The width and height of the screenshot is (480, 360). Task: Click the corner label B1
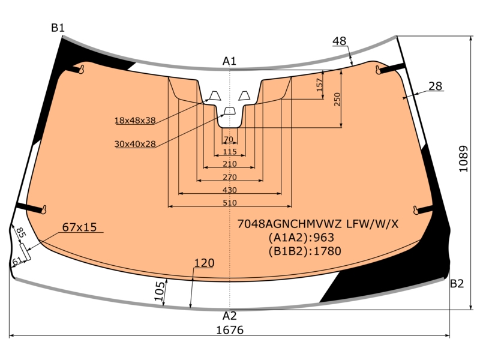click(58, 28)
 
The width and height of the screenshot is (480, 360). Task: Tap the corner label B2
click(457, 284)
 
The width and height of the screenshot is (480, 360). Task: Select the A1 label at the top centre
click(229, 61)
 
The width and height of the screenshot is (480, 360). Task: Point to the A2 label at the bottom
click(230, 316)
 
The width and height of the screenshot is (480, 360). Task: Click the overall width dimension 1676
click(230, 330)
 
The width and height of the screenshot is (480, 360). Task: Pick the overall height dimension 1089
click(463, 159)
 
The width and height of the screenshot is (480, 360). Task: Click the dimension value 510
click(230, 203)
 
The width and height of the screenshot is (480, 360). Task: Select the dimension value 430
click(230, 190)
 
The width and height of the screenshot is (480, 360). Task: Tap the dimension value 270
click(230, 177)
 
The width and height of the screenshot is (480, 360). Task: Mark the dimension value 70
click(229, 140)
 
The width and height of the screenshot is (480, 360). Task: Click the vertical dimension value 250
click(337, 100)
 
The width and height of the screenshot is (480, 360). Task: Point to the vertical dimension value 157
click(319, 85)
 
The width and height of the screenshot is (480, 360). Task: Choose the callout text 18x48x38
click(135, 121)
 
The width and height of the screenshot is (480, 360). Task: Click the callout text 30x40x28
click(135, 144)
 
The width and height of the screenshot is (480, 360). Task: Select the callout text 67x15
click(79, 227)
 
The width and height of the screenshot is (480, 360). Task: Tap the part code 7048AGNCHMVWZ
click(289, 224)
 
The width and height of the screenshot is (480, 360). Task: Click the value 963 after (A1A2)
click(324, 238)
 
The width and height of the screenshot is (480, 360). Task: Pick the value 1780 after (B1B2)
click(328, 251)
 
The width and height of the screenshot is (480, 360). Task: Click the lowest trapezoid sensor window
click(230, 111)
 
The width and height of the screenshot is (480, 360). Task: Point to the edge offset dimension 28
click(436, 86)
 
